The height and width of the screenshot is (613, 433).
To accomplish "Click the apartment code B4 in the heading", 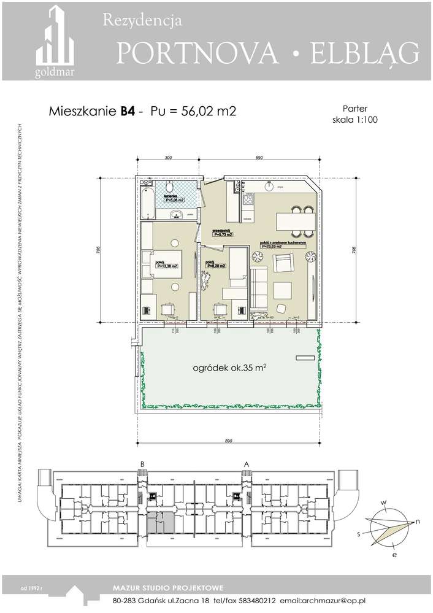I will tap(128, 112).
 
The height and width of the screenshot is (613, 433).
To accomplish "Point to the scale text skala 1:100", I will tap(354, 120).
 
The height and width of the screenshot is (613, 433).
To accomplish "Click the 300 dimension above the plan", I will tap(168, 158).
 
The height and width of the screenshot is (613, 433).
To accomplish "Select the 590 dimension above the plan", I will tap(259, 158).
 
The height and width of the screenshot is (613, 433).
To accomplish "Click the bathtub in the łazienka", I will tap(147, 203).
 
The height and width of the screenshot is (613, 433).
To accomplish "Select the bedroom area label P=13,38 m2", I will tap(166, 266).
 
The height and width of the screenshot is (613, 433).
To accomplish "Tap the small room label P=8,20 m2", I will tap(215, 266).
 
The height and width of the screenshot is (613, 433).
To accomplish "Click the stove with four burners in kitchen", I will tap(248, 199).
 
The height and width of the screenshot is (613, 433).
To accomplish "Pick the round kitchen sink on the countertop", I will tap(269, 185).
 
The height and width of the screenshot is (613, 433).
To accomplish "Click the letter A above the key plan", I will tap(247, 464).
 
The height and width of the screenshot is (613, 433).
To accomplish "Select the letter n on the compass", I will tap(418, 522).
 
